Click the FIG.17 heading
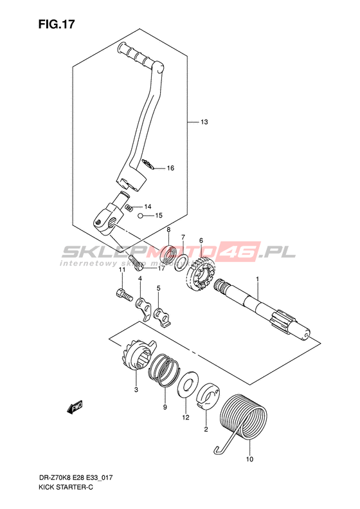click(x=57, y=24)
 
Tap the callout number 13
click(x=204, y=122)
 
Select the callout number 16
click(x=170, y=168)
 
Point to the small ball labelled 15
click(x=139, y=216)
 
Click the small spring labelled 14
click(x=129, y=207)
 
